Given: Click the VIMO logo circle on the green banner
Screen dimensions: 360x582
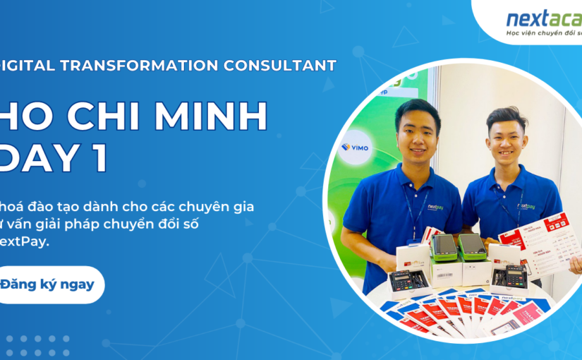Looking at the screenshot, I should pyautogui.click(x=355, y=148).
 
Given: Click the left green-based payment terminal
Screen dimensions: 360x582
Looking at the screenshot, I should pyautogui.click(x=443, y=249).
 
